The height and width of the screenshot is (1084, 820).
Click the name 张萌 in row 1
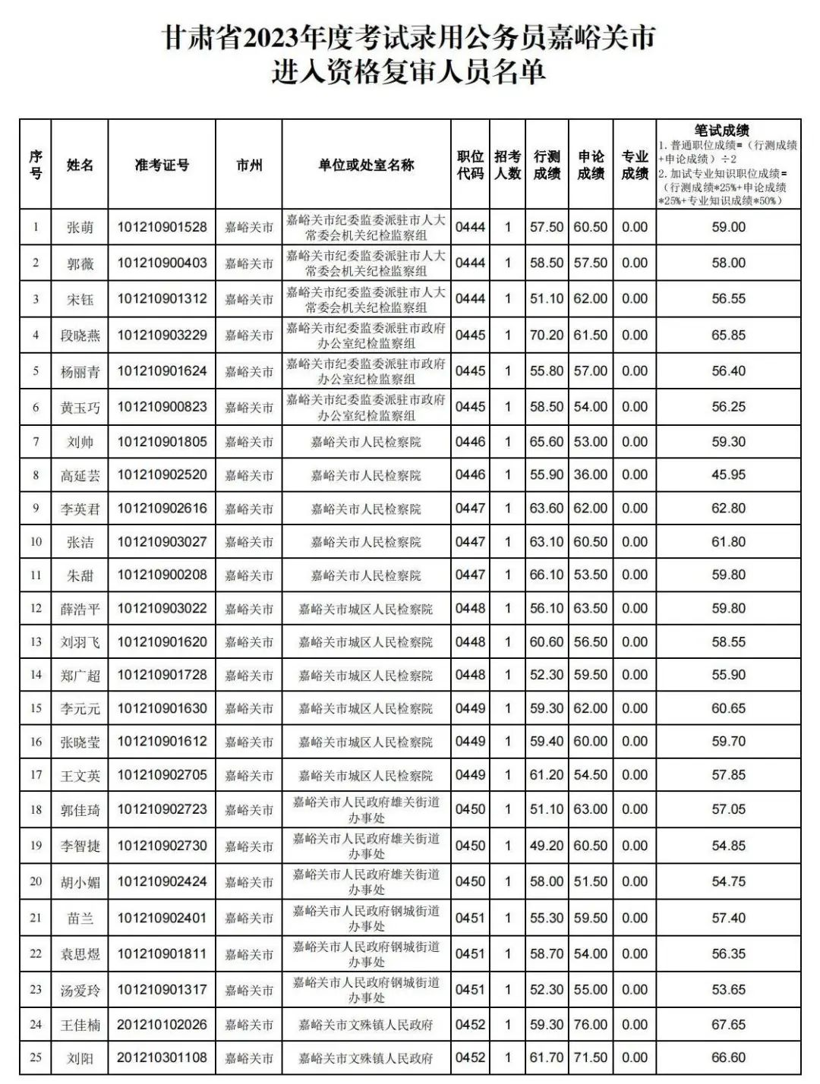pyautogui.click(x=80, y=228)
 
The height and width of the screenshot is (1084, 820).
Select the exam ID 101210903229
pyautogui.click(x=162, y=335)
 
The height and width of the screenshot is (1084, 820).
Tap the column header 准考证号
pyautogui.click(x=162, y=165)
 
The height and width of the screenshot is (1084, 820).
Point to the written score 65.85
pyautogui.click(x=728, y=335)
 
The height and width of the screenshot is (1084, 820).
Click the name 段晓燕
pyautogui.click(x=80, y=336)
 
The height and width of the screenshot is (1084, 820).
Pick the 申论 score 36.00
pyautogui.click(x=590, y=475)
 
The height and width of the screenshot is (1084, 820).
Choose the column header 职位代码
pyautogui.click(x=470, y=165)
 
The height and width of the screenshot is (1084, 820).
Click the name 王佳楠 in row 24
pyautogui.click(x=80, y=1026)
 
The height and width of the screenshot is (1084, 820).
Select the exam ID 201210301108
pyautogui.click(x=162, y=1057)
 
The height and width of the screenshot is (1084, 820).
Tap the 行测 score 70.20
pyautogui.click(x=547, y=335)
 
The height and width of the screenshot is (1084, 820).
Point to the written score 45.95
pyautogui.click(x=728, y=475)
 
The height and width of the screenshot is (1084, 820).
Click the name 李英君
pyautogui.click(x=80, y=509)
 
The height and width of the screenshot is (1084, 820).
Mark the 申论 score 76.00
pyautogui.click(x=590, y=1025)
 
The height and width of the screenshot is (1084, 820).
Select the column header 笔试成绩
pyautogui.click(x=721, y=131)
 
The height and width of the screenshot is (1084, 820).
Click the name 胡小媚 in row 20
pyautogui.click(x=80, y=883)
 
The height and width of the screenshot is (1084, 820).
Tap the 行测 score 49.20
pyautogui.click(x=547, y=846)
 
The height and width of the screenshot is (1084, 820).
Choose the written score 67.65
pyautogui.click(x=728, y=1025)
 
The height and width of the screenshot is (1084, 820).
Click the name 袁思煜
pyautogui.click(x=80, y=954)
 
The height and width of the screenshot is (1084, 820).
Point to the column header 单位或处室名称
pyautogui.click(x=366, y=165)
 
